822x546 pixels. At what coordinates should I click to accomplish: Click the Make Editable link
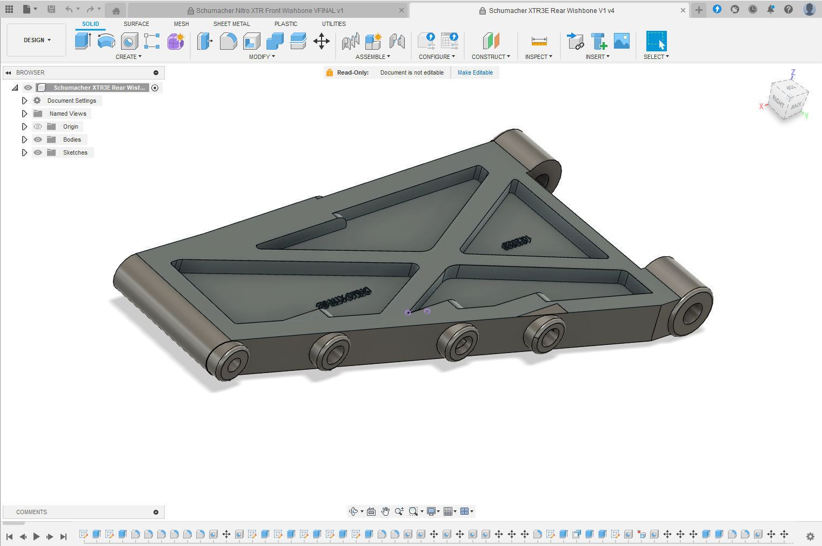(475, 72)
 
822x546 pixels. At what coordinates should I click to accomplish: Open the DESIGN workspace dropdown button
(37, 40)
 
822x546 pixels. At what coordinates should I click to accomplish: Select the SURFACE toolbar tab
(136, 24)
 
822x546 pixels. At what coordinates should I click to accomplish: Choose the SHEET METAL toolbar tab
(231, 24)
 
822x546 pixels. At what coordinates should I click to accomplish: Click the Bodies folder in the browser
(72, 139)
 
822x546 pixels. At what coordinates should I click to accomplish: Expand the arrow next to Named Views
(24, 114)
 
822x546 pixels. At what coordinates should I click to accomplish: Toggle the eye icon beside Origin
(38, 126)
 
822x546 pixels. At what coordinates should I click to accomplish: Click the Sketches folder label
(75, 152)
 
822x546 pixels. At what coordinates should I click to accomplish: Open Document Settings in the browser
(71, 101)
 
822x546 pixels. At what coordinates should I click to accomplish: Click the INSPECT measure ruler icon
(539, 41)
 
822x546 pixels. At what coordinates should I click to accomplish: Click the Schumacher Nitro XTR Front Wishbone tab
(269, 10)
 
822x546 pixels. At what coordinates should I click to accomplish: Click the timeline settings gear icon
(810, 536)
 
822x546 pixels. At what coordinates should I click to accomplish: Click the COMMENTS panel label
(31, 512)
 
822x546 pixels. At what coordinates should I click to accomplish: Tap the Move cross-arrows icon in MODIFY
(322, 41)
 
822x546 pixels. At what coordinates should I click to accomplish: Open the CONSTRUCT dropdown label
(490, 57)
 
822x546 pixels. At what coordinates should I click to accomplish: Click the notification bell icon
(771, 9)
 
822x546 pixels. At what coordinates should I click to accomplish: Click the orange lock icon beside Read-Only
(329, 72)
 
